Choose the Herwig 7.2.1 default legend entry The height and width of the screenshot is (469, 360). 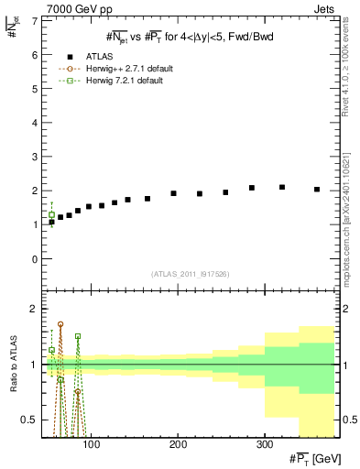point(109,81)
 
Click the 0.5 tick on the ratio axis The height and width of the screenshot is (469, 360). point(30,420)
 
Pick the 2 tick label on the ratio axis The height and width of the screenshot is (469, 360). point(35,310)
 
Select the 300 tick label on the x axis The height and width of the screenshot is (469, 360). point(264,444)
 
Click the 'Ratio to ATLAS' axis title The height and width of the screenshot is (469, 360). point(12,365)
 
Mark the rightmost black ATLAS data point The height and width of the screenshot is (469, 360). point(317,190)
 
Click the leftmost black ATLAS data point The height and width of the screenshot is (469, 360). point(51,222)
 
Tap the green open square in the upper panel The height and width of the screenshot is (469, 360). point(51,215)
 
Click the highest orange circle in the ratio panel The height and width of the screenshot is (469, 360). point(60,324)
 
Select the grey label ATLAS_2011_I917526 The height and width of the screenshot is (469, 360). point(189,274)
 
